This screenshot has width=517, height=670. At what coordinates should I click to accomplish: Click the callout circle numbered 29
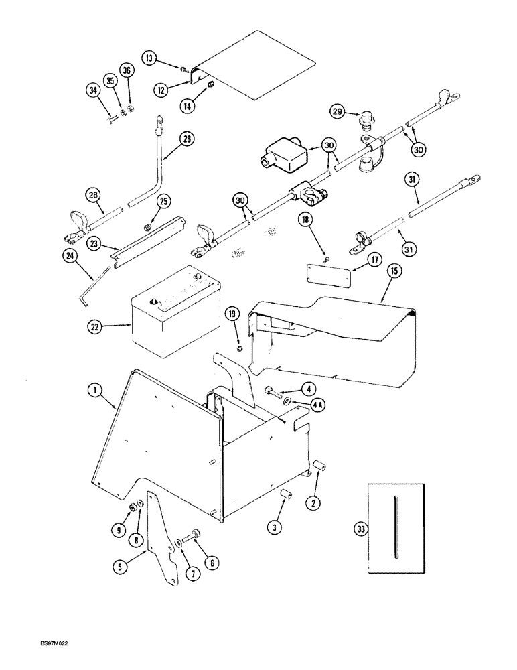click(339, 112)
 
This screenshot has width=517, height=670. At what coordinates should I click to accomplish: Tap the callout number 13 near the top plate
click(149, 58)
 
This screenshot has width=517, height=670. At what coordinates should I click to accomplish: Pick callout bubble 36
click(127, 70)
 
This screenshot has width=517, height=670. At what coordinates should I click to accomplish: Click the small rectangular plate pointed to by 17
click(324, 275)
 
